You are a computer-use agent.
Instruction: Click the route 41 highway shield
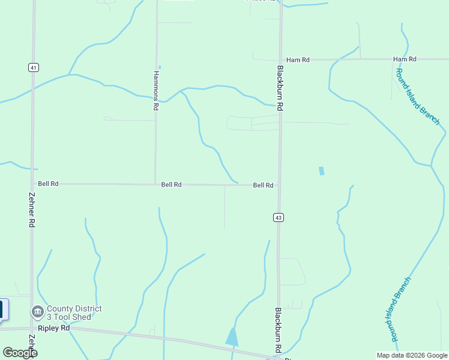[33, 68]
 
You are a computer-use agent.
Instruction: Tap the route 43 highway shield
[278, 217]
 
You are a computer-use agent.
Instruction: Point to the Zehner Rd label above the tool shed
[32, 209]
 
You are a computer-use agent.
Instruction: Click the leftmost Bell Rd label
[48, 184]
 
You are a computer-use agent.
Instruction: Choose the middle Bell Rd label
[171, 185]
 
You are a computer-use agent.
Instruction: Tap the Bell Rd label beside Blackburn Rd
[263, 185]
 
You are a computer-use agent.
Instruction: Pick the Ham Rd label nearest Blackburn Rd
[298, 60]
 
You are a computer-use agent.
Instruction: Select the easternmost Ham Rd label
[405, 59]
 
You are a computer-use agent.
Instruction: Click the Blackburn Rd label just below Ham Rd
[280, 87]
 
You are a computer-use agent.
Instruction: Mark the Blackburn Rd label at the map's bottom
[279, 329]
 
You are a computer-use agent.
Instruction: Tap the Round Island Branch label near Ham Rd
[417, 96]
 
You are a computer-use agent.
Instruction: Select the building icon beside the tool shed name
[37, 312]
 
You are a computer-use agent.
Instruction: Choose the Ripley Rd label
[54, 328]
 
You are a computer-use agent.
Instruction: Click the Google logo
[20, 352]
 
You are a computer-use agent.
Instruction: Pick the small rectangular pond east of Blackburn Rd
[322, 171]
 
